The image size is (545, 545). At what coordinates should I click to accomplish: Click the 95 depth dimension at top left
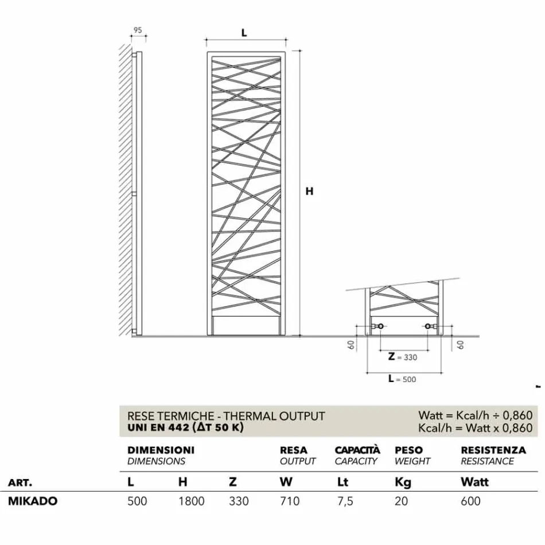pos(138,30)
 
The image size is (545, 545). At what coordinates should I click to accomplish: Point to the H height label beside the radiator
pos(309,192)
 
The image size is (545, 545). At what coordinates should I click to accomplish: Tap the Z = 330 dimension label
pos(402,357)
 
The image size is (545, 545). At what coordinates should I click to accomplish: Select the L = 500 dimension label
pos(402,379)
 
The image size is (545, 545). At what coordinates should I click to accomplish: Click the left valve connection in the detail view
pos(378,327)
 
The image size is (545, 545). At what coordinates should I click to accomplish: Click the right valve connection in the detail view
pos(429,327)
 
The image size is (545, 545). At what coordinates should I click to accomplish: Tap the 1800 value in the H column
pos(191,501)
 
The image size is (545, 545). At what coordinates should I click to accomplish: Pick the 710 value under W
pos(290,501)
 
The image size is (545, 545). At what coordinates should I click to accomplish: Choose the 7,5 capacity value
pos(344,501)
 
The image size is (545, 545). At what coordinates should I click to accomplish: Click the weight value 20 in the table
pos(402,501)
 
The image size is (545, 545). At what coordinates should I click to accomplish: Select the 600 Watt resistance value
pos(470,501)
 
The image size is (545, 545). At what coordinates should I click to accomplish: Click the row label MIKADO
pos(33,501)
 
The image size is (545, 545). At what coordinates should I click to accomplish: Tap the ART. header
pos(20,482)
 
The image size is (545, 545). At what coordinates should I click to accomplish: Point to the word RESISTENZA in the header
pos(493,450)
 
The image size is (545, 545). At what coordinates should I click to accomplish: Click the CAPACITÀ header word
pos(357,450)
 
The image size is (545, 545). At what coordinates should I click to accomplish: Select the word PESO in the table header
pos(408,450)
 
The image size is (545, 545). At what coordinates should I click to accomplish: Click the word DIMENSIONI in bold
pos(161,450)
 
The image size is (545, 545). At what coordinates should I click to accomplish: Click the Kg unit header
pos(403,482)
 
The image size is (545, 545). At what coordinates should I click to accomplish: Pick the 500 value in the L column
pos(137,501)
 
